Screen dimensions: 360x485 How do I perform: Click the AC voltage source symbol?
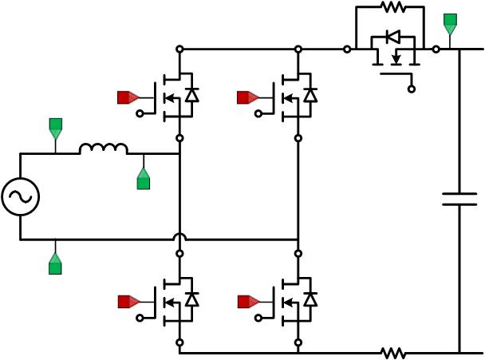click(x=20, y=196)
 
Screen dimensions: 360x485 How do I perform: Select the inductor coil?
click(x=103, y=148)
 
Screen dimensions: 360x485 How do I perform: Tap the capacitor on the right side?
click(x=459, y=199)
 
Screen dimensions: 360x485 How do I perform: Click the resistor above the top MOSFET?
click(x=392, y=7)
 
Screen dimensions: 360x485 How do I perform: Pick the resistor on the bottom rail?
click(x=392, y=352)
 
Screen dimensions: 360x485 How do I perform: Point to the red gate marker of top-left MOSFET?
click(x=126, y=97)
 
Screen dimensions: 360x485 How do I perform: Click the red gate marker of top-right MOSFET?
click(x=246, y=97)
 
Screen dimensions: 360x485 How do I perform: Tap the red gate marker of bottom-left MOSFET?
click(x=126, y=301)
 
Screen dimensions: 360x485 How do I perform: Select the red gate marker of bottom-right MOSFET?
click(x=246, y=301)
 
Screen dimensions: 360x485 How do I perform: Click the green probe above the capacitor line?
click(x=450, y=23)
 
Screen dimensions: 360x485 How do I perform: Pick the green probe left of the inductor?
click(x=55, y=128)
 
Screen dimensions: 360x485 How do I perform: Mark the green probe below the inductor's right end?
click(x=144, y=180)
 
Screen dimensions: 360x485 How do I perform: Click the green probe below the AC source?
click(x=55, y=263)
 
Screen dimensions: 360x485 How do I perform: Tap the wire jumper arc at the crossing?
click(x=180, y=237)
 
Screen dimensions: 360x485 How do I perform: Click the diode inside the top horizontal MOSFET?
click(x=392, y=36)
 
